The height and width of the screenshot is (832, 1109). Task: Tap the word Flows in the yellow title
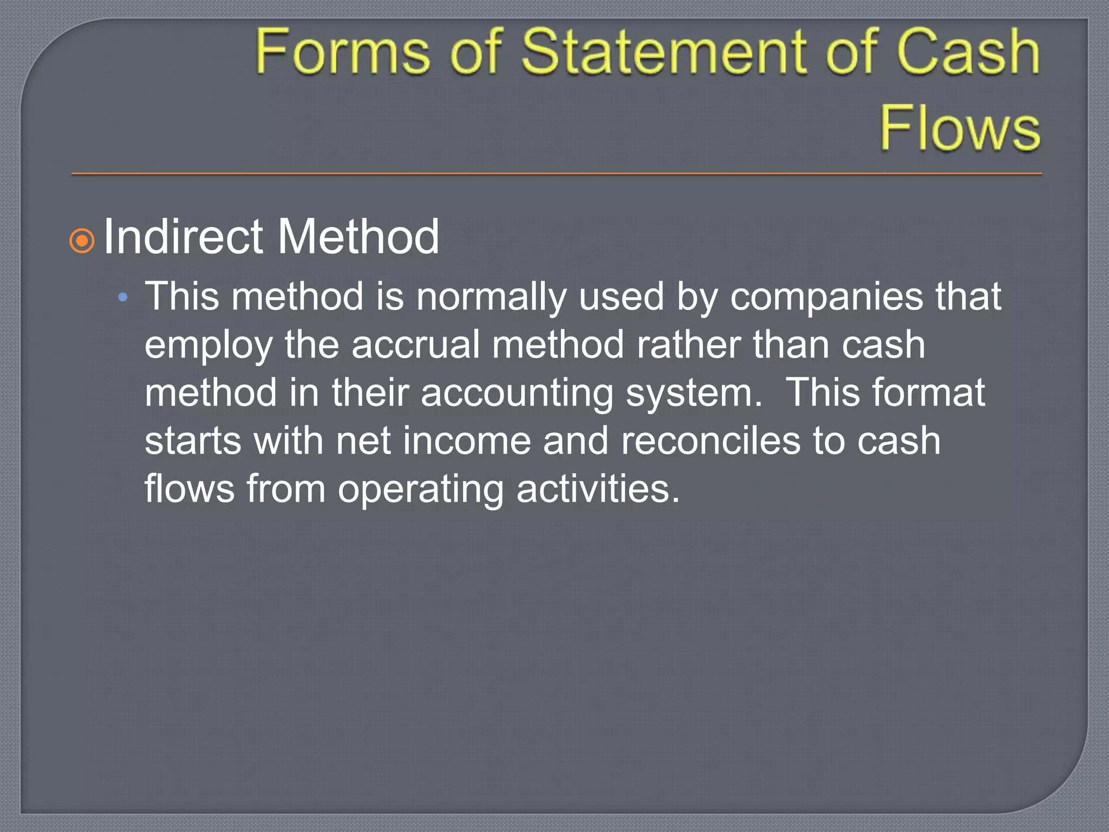coord(960,128)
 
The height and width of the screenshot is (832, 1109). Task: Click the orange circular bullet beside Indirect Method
coord(82,240)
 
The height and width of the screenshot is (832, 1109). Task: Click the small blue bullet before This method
coord(123,297)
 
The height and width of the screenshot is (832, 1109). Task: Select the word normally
coord(491,297)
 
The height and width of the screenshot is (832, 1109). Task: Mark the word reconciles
coord(710,441)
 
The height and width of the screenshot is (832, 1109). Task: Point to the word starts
coord(193,441)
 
